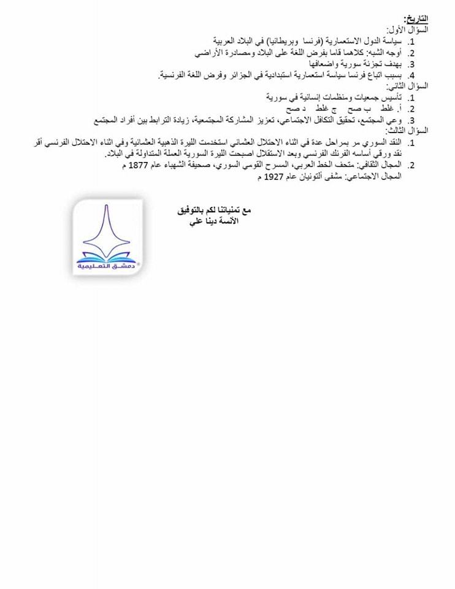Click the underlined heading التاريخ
416,20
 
